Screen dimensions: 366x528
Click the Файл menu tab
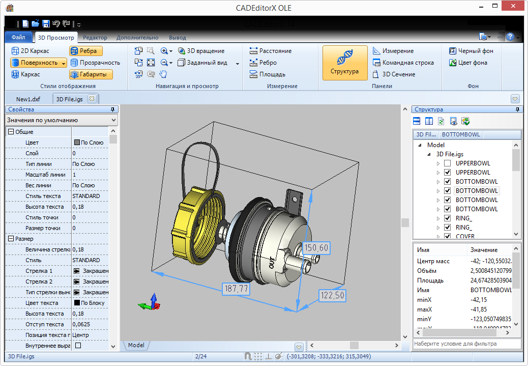(x=18, y=37)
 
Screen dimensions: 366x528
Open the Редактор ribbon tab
(x=95, y=38)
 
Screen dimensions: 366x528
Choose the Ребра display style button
(x=86, y=51)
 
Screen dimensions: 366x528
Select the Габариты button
(x=91, y=74)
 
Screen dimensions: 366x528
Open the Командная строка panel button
(x=403, y=63)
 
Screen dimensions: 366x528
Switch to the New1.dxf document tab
(x=28, y=99)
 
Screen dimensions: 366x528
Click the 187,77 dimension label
(x=236, y=289)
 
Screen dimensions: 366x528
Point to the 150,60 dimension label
(x=316, y=248)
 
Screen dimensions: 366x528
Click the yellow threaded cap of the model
(x=192, y=224)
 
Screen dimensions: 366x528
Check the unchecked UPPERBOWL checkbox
(x=447, y=163)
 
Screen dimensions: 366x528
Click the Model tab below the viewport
(x=136, y=345)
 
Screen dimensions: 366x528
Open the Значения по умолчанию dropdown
(x=62, y=120)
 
